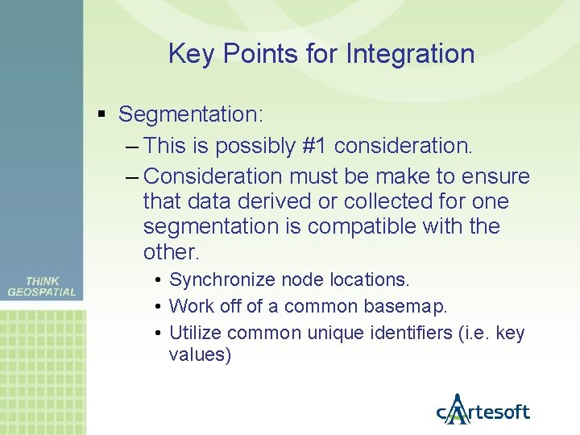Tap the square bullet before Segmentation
101,114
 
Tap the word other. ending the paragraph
171,251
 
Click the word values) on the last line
200,354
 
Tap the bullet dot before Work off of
160,306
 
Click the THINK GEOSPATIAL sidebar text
42,287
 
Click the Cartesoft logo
483,411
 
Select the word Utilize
197,333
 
